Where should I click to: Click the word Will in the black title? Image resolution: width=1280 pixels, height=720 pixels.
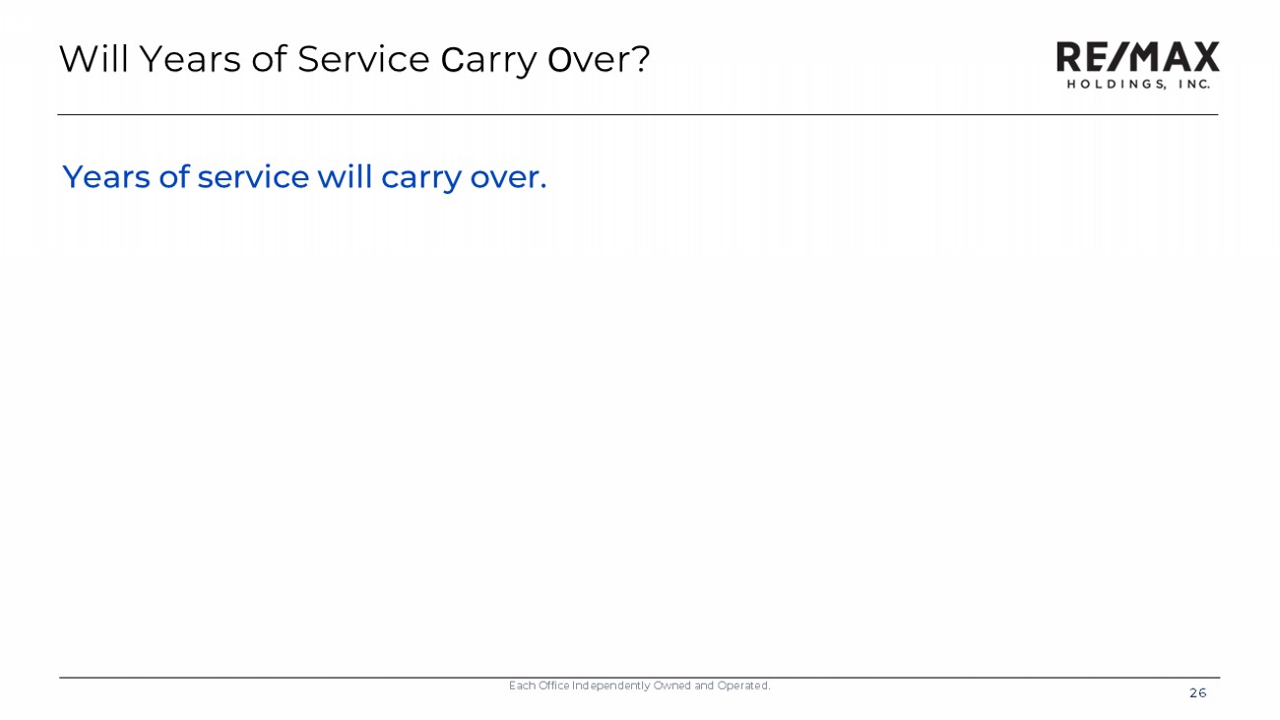pos(94,59)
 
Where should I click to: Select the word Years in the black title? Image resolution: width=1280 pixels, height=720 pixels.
pos(191,59)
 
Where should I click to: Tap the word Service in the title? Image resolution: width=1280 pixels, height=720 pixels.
pos(363,59)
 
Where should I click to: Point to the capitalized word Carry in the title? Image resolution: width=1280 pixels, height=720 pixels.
pos(488,60)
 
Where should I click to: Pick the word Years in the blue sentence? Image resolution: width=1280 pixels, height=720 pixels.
pos(106,176)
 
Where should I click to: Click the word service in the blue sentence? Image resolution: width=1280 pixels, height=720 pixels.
pos(253,176)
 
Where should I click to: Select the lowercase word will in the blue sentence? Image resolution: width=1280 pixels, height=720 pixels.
pos(345,176)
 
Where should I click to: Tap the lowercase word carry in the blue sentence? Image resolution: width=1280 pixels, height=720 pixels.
pos(421,179)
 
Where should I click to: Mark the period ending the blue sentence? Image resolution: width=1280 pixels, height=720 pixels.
pos(544,186)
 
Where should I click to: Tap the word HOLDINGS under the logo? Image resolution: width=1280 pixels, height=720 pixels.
pos(1117,85)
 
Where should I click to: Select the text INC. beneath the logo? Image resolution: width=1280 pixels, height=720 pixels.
pos(1194,85)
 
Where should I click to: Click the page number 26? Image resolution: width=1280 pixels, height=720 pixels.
pos(1197,693)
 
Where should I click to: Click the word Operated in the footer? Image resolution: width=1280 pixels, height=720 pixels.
pos(743,686)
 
